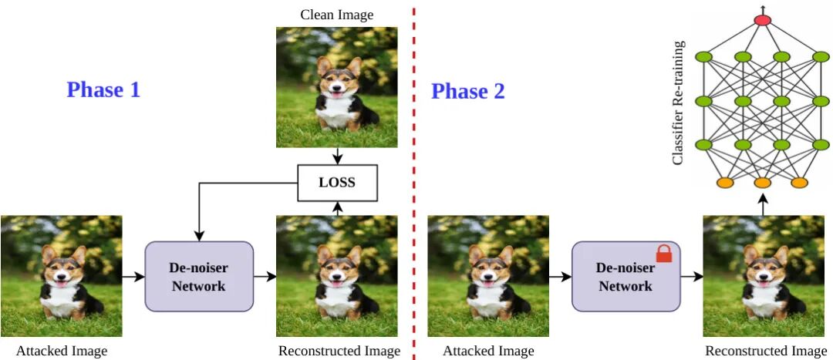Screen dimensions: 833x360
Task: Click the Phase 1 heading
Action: pos(103,90)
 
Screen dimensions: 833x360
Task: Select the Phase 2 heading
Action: pos(467,91)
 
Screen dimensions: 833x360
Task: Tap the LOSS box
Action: pos(337,183)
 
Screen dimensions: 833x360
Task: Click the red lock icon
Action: pos(663,253)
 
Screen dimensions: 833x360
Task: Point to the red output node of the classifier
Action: pos(762,19)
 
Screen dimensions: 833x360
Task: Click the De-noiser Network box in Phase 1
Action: pos(198,276)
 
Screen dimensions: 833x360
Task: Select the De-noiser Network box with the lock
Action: pos(625,276)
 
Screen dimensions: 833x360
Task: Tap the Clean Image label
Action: pos(338,14)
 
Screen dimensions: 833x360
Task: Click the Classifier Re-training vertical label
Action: pos(678,113)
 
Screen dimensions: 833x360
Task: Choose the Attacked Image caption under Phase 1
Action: pos(61,352)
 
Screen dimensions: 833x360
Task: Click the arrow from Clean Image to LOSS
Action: pos(337,156)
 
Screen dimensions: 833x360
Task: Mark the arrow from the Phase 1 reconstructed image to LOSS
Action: pos(337,207)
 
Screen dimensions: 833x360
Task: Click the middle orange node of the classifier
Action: pos(762,183)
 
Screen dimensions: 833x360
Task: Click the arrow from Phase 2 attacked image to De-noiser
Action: pos(559,276)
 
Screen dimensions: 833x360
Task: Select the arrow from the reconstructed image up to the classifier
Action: pos(762,204)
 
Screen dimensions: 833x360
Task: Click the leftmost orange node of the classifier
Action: pos(724,183)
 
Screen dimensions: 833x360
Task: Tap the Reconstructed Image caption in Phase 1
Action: pos(339,352)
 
